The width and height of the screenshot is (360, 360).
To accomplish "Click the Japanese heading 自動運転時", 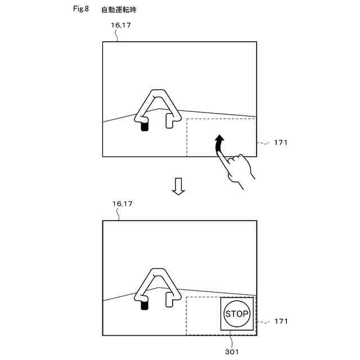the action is click(119, 10).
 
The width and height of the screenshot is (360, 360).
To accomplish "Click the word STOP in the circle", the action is click(236, 314).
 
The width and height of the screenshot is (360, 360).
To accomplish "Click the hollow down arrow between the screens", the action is click(178, 186).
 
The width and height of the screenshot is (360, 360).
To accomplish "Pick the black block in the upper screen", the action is click(145, 127).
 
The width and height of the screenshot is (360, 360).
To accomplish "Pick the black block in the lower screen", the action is click(145, 305).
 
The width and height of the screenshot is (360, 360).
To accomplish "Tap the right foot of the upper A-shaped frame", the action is click(169, 121).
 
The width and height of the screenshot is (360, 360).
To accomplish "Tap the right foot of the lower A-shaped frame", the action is click(169, 299).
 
